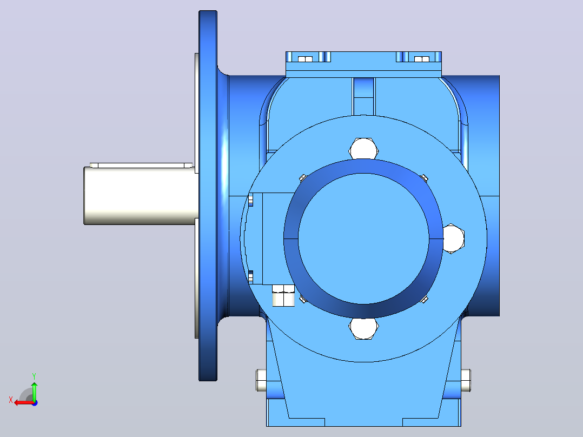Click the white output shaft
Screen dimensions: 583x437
pos(141,196)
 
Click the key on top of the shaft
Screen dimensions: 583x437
pos(142,165)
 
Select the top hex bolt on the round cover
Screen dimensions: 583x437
pos(363,149)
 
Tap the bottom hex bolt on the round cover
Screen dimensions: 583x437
pos(363,329)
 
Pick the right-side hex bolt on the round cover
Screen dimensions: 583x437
pos(453,239)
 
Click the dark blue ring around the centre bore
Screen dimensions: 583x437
pos(363,166)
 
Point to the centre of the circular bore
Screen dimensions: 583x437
pos(363,239)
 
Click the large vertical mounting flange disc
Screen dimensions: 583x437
pos(208,196)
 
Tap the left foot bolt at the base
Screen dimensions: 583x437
pos(261,380)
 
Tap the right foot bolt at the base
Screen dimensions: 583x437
pos(466,380)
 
